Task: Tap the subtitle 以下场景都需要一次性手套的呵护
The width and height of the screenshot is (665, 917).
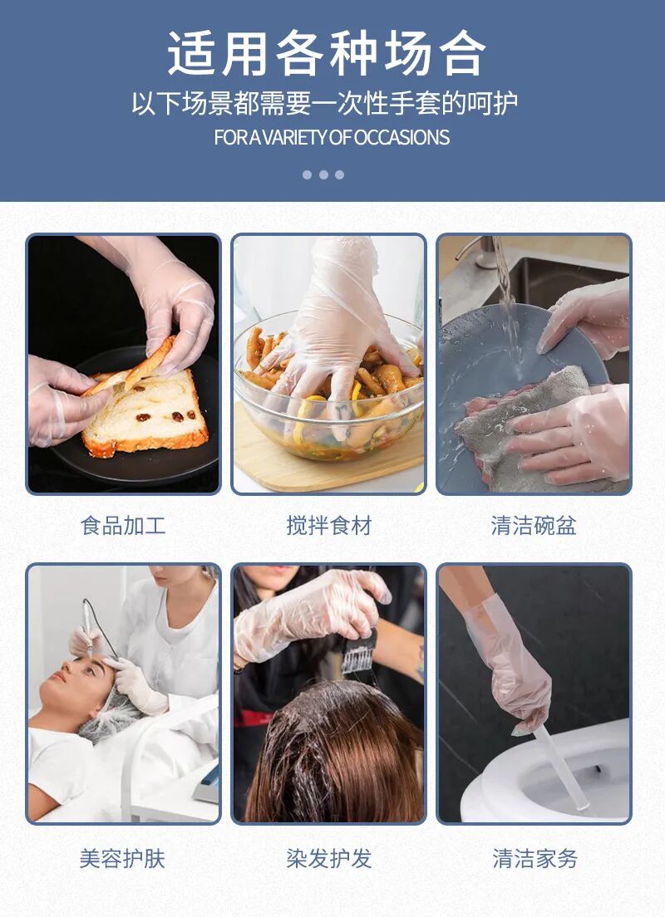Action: (x=324, y=104)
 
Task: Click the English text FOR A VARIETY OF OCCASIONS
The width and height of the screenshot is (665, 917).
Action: (x=332, y=137)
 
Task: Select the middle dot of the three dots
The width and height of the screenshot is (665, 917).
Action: (x=323, y=174)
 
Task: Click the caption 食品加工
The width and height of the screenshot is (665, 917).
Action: (x=123, y=526)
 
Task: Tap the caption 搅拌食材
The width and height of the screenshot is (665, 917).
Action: (x=328, y=526)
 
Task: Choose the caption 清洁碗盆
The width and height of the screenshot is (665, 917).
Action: (x=534, y=526)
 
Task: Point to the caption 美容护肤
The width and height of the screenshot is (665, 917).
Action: (x=123, y=858)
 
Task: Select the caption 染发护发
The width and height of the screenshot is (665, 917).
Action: (x=328, y=858)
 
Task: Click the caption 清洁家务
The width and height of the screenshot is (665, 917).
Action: (x=534, y=858)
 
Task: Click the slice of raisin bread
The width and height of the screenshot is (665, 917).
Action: (x=145, y=415)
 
